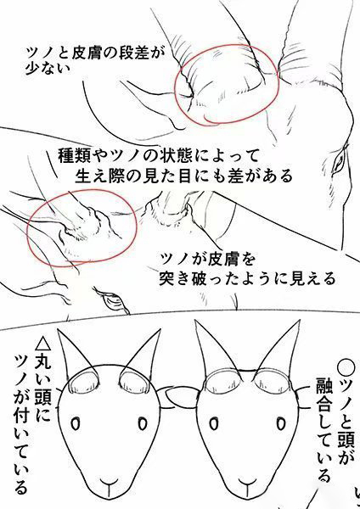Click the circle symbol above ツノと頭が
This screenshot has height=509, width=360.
point(346,367)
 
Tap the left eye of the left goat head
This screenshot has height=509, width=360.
point(76,424)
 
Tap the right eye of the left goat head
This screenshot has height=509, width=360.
point(143,423)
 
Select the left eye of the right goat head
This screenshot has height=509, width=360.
point(213,424)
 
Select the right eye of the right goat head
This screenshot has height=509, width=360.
point(281,423)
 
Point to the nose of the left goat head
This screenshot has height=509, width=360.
point(109,484)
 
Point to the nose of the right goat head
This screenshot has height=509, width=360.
point(248,484)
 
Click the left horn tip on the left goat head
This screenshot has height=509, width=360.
point(58,330)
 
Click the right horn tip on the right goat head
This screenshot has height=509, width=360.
point(299,321)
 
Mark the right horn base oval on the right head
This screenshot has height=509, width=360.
point(273,382)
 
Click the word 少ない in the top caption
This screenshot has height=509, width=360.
point(48,68)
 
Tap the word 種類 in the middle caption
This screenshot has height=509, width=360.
point(73,156)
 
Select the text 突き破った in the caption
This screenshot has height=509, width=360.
point(198,278)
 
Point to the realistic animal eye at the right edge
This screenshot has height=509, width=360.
point(340,160)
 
